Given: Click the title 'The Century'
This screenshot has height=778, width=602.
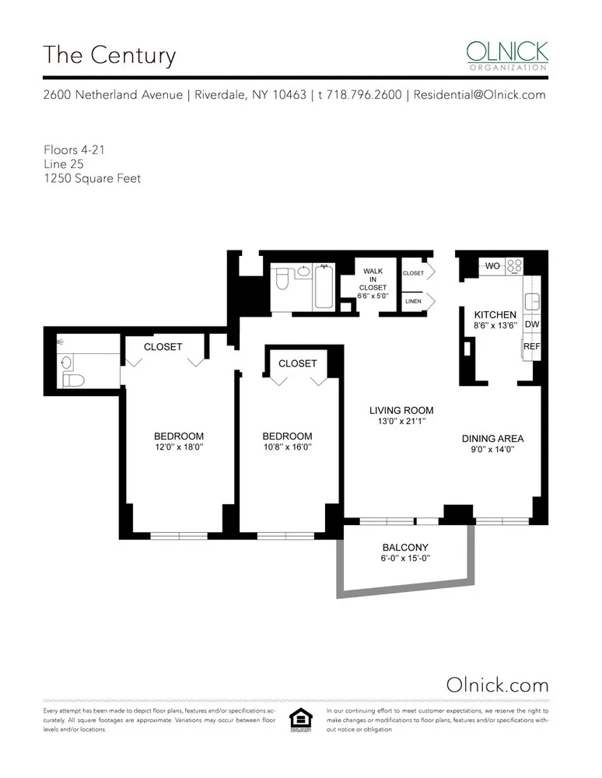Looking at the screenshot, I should pyautogui.click(x=110, y=56).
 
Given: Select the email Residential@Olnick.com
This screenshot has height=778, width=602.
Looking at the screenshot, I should pyautogui.click(x=479, y=95).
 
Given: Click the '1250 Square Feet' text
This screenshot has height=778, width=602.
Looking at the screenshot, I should pyautogui.click(x=92, y=178).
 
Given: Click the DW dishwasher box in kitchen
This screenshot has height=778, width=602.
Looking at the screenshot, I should pyautogui.click(x=532, y=324).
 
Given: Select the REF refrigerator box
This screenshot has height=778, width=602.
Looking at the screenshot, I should pyautogui.click(x=532, y=346).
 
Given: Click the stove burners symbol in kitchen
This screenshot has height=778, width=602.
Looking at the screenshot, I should pyautogui.click(x=514, y=266).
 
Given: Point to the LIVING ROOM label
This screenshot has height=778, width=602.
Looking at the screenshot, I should pyautogui.click(x=401, y=410).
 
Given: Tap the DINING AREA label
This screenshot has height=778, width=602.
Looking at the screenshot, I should pyautogui.click(x=492, y=438).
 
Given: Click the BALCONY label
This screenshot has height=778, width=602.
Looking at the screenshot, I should pyautogui.click(x=405, y=548).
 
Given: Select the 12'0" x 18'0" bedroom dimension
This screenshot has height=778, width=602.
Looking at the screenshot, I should pyautogui.click(x=179, y=447).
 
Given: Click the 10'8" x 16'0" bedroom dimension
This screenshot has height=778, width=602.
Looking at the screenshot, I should pyautogui.click(x=287, y=447).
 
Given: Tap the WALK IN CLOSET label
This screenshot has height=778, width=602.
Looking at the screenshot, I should pyautogui.click(x=373, y=279).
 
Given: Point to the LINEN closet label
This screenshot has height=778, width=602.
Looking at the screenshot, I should pyautogui.click(x=413, y=300).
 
